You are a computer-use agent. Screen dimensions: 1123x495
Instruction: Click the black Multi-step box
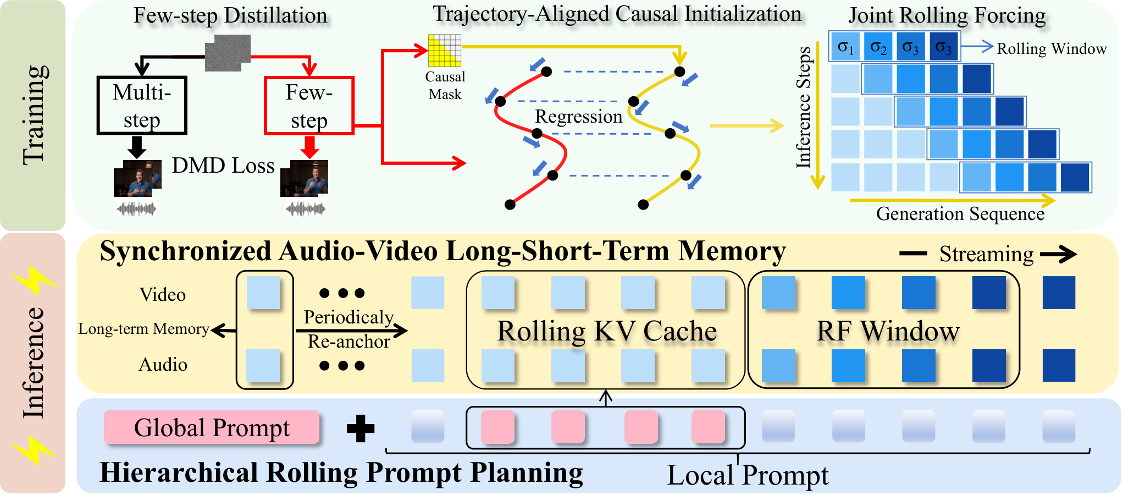pyautogui.click(x=142, y=105)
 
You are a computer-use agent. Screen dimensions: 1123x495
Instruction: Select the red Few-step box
pyautogui.click(x=309, y=106)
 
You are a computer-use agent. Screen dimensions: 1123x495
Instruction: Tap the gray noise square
pyautogui.click(x=228, y=53)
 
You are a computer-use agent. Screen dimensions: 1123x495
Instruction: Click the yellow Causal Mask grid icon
pyautogui.click(x=445, y=50)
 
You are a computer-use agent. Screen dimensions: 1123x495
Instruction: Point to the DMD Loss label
pyautogui.click(x=223, y=166)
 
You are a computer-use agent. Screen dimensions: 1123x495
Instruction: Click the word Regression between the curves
pyautogui.click(x=579, y=117)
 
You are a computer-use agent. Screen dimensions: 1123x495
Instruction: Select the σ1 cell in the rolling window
pyautogui.click(x=846, y=46)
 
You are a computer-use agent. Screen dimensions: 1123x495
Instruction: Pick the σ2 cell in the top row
pyautogui.click(x=879, y=46)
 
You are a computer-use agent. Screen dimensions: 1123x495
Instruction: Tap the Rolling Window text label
pyautogui.click(x=1052, y=49)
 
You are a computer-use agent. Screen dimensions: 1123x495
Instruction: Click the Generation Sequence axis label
pyautogui.click(x=960, y=213)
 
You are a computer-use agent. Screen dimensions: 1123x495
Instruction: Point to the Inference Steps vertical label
pyautogui.click(x=804, y=107)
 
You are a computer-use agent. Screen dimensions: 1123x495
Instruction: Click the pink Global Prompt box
pyautogui.click(x=212, y=427)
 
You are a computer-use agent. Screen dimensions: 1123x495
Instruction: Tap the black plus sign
pyautogui.click(x=361, y=428)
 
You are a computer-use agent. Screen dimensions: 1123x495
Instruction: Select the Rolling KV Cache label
pyautogui.click(x=607, y=331)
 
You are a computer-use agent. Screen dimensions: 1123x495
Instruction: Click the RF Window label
pyautogui.click(x=888, y=331)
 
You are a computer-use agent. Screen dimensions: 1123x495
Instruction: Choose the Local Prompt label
pyautogui.click(x=748, y=475)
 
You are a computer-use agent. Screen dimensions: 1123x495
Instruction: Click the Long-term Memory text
pyautogui.click(x=143, y=329)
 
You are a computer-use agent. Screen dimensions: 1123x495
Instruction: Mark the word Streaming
pyautogui.click(x=987, y=254)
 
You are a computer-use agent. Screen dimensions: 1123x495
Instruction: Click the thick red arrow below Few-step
pyautogui.click(x=309, y=147)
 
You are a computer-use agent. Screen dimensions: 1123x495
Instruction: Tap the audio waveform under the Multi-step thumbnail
pyautogui.click(x=137, y=208)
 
